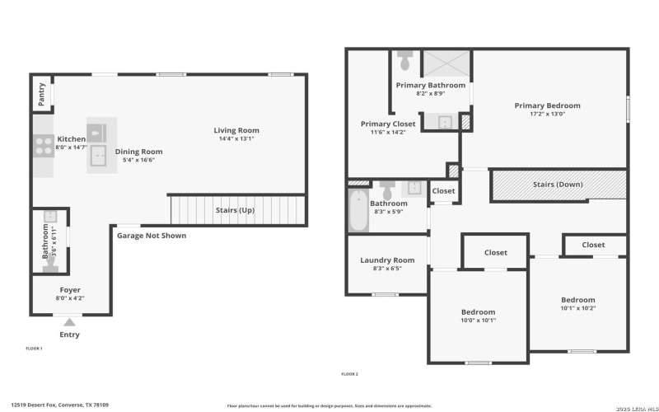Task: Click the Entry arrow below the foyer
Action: (x=70, y=322)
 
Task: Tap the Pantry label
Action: (x=41, y=94)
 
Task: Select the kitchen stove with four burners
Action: (x=42, y=146)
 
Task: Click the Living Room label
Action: (x=236, y=130)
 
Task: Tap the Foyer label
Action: (x=70, y=290)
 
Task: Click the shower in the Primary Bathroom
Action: (x=446, y=64)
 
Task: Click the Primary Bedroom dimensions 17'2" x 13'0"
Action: (x=547, y=114)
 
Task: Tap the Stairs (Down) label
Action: (x=558, y=185)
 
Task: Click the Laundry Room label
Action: (x=387, y=260)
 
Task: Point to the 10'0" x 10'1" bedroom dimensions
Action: (x=478, y=321)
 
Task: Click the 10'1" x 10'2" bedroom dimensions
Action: (x=577, y=308)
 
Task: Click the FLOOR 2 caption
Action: (x=349, y=374)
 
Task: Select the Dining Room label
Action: (x=138, y=152)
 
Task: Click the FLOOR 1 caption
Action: (x=34, y=349)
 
